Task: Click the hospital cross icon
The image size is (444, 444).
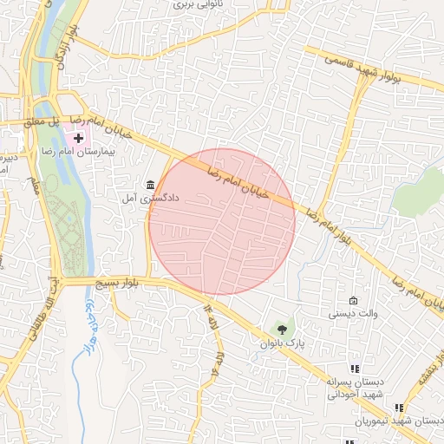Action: pos(79,138)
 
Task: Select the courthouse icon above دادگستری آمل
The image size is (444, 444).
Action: pos(151,185)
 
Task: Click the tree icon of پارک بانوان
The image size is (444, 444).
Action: pos(280,329)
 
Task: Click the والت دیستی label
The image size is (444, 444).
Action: pos(351,314)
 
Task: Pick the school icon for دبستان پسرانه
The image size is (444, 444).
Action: pos(353,369)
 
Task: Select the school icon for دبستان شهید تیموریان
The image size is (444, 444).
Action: pos(398,408)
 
